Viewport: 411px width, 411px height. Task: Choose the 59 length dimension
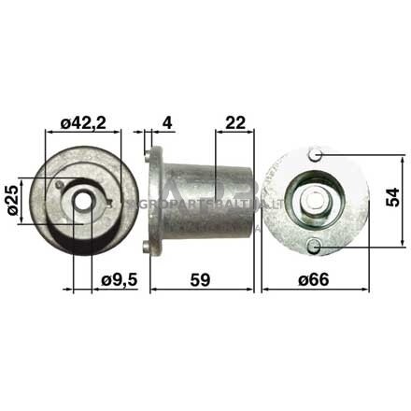point(201,277)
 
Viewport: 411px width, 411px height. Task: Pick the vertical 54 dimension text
point(394,197)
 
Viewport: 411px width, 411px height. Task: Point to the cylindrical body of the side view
point(210,199)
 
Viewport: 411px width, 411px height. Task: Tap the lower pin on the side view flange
point(147,247)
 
